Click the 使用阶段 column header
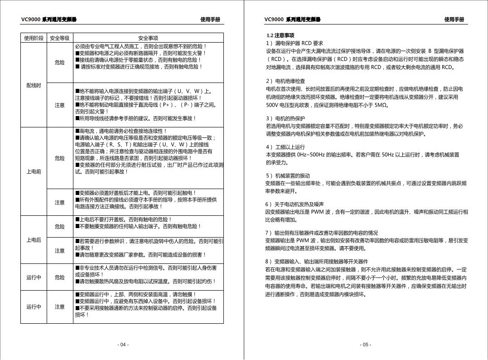pyautogui.click(x=34, y=38)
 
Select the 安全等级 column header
pyautogui.click(x=60, y=38)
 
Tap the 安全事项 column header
pyautogui.click(x=148, y=38)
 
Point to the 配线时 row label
pyautogui.click(x=34, y=85)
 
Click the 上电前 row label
pyautogui.click(x=34, y=172)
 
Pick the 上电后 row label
pyautogui.click(x=34, y=240)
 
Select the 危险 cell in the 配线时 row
pyautogui.click(x=60, y=62)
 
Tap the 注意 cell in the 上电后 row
pyautogui.click(x=60, y=250)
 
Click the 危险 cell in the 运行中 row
pyautogui.click(x=60, y=277)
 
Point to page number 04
pyautogui.click(x=123, y=345)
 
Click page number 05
pyautogui.click(x=366, y=345)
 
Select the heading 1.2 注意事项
pyautogui.click(x=280, y=35)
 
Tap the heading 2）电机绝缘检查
pyautogui.click(x=285, y=81)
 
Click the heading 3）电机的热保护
pyautogui.click(x=285, y=118)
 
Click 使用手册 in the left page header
pyautogui.click(x=210, y=19)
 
